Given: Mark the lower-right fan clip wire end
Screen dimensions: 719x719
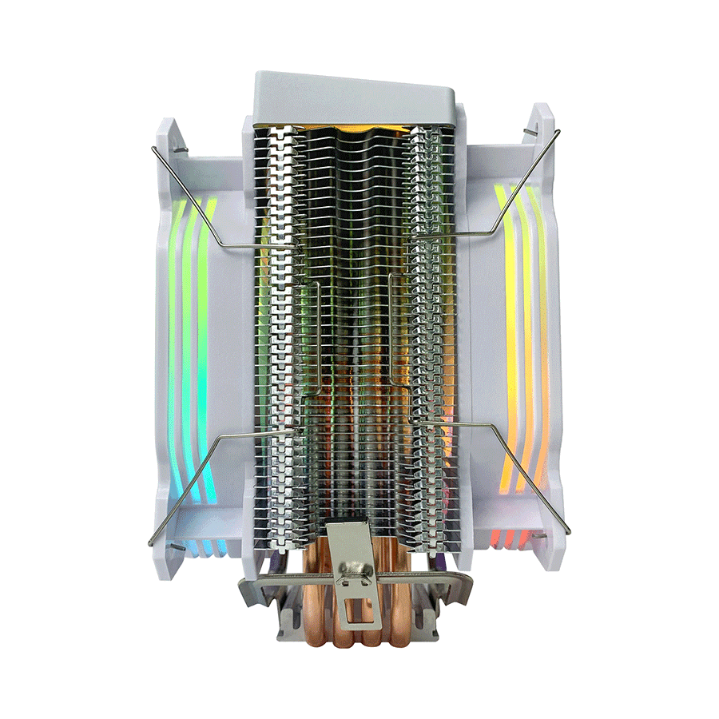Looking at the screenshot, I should coord(568,531).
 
